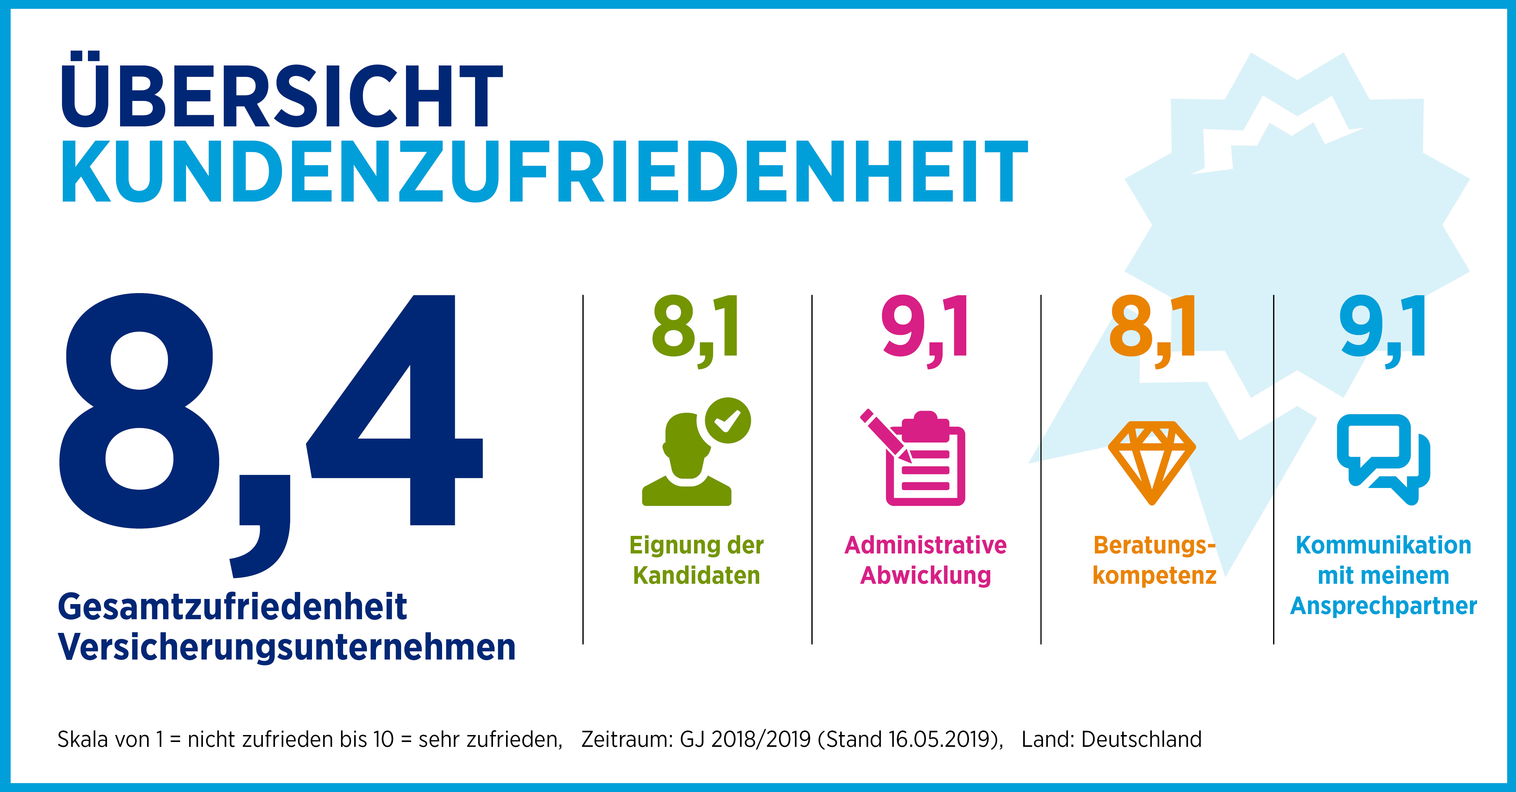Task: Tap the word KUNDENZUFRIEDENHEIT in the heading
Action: (x=544, y=172)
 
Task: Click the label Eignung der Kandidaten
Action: (x=696, y=560)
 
